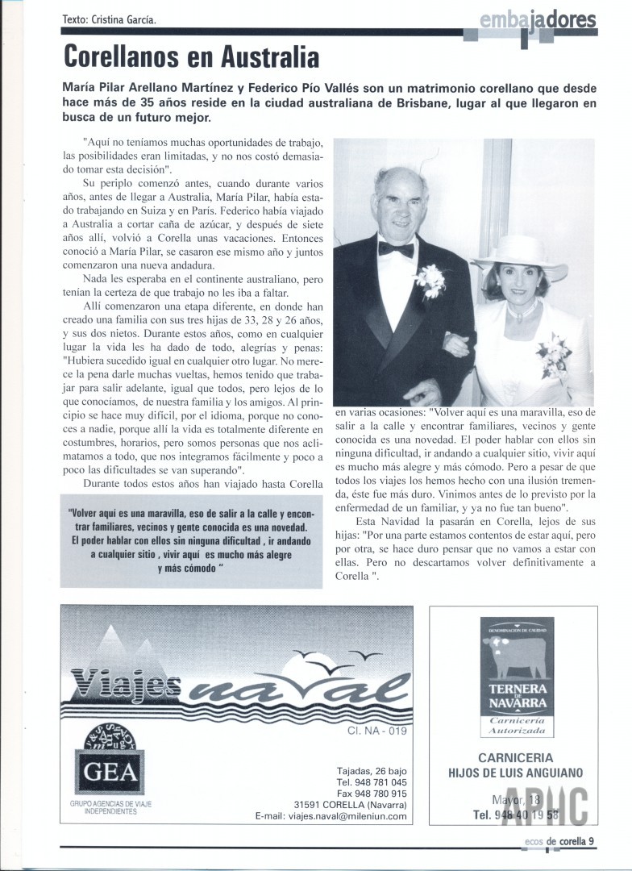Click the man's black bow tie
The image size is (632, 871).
[x=396, y=248]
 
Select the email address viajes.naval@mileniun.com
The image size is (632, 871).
[x=343, y=816]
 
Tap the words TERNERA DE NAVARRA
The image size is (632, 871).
[x=517, y=694]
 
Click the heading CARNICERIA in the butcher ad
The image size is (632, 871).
[x=515, y=757]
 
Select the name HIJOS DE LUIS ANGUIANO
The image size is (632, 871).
[x=515, y=773]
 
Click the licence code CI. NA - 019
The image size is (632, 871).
[x=378, y=732]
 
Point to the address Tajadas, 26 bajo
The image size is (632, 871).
[x=372, y=770]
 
